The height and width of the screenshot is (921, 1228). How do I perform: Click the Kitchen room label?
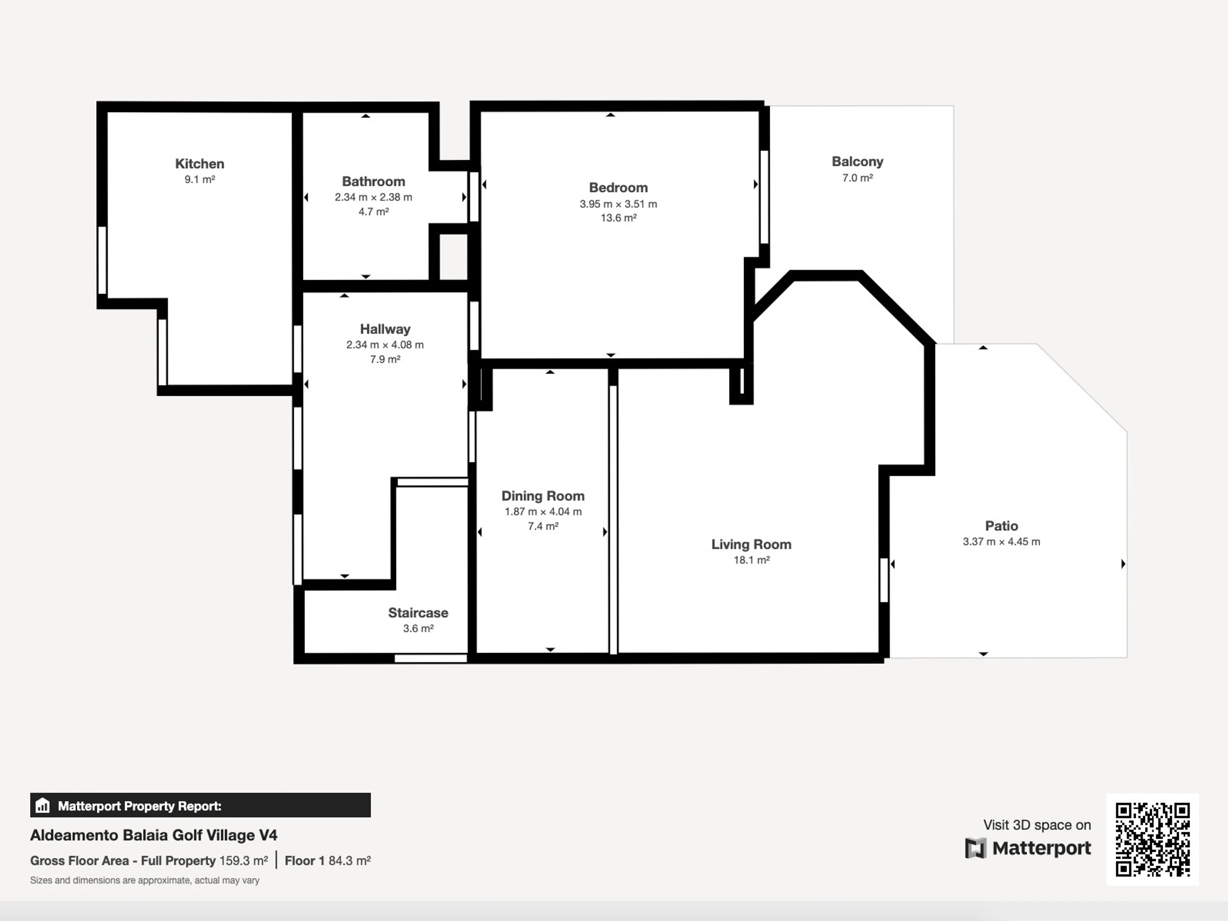[x=200, y=164]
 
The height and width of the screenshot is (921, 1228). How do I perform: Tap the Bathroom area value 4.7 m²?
[x=374, y=211]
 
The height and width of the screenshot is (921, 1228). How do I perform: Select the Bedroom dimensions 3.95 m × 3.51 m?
[x=619, y=204]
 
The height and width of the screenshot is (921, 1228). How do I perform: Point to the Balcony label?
[x=857, y=162]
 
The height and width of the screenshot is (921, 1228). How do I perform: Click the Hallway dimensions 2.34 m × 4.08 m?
[x=385, y=345]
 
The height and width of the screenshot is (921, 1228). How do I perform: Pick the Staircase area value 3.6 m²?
[x=418, y=628]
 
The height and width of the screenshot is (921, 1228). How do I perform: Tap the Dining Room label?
[x=543, y=496]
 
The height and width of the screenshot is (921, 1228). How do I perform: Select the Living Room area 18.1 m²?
[x=752, y=560]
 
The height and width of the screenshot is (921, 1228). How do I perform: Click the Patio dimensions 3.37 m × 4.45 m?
[x=1001, y=542]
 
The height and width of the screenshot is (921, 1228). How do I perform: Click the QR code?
[x=1152, y=840]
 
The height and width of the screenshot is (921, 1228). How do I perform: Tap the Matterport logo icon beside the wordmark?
[x=975, y=848]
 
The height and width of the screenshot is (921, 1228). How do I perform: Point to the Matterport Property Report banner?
[x=201, y=805]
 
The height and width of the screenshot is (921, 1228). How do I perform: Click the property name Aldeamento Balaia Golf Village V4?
[x=154, y=835]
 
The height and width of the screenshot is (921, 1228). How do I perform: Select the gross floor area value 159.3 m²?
[x=244, y=861]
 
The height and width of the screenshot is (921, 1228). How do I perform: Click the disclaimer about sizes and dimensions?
[x=145, y=881]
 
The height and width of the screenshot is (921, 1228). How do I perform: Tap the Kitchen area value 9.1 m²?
[x=200, y=179]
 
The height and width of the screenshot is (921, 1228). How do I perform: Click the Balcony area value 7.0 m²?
[x=858, y=178]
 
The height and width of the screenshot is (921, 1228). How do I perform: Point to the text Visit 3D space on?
[x=1037, y=825]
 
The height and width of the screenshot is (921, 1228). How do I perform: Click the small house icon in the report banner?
[x=42, y=805]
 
